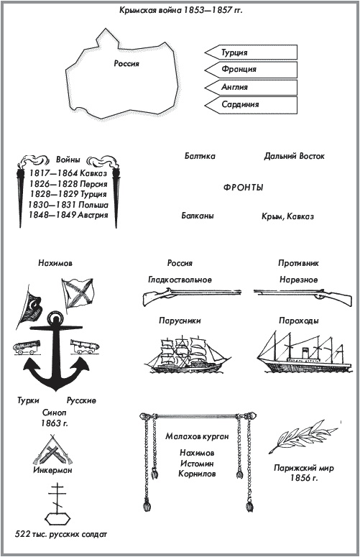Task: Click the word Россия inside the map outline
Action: click(126, 63)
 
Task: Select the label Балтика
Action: click(200, 156)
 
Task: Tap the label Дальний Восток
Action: click(295, 156)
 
